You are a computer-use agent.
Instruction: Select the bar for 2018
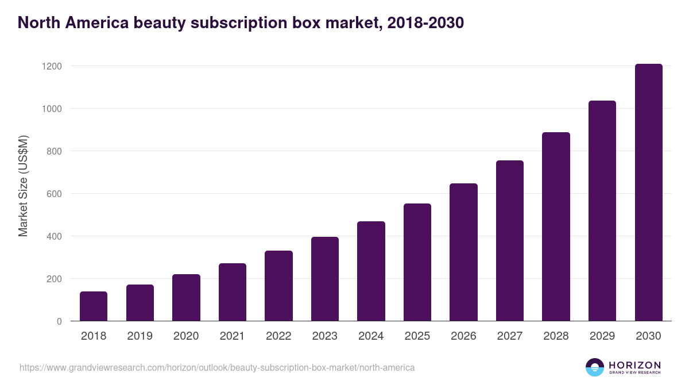(x=94, y=306)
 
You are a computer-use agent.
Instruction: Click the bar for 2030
(x=648, y=193)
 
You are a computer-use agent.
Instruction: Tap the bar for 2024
(x=371, y=271)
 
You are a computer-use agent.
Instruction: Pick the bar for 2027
(x=510, y=241)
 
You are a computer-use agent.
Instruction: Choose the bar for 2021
(x=233, y=292)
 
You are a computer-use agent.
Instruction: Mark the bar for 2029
(x=602, y=211)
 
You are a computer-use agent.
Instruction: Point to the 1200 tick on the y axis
(x=52, y=66)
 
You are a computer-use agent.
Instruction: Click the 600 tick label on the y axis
(x=54, y=194)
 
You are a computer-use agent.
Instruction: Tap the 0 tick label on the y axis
(x=59, y=321)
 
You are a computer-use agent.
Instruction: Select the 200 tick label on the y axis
(x=54, y=279)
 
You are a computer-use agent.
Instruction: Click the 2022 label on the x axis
(x=278, y=336)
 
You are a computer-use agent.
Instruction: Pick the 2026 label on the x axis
(x=463, y=336)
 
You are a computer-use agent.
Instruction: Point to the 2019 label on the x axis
(x=140, y=336)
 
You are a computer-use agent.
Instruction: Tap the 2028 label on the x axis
(x=556, y=336)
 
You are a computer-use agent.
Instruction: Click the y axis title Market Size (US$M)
(x=23, y=185)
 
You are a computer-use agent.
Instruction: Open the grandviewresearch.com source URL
(x=217, y=367)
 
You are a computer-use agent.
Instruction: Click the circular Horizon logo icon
(x=595, y=367)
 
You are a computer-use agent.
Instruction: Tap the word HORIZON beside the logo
(x=634, y=365)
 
